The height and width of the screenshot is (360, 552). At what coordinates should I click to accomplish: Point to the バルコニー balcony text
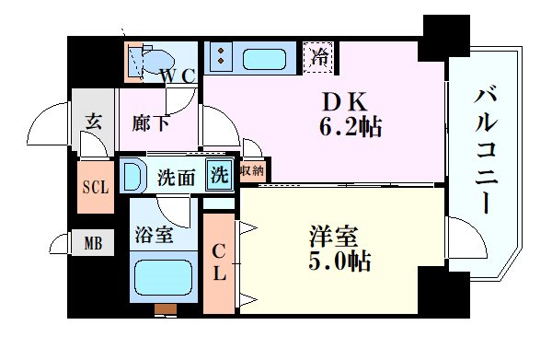(487, 147)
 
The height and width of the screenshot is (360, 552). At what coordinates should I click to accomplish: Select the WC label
(176, 77)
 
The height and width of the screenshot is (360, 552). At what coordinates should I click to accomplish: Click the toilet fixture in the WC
(145, 61)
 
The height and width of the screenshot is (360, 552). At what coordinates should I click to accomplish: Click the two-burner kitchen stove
(221, 57)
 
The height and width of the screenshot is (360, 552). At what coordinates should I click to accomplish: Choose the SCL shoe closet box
(94, 186)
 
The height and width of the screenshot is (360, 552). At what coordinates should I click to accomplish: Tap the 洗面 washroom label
(175, 175)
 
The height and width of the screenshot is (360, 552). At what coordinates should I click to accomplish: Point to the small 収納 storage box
(251, 171)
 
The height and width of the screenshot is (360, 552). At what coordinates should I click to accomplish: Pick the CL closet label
(220, 261)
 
